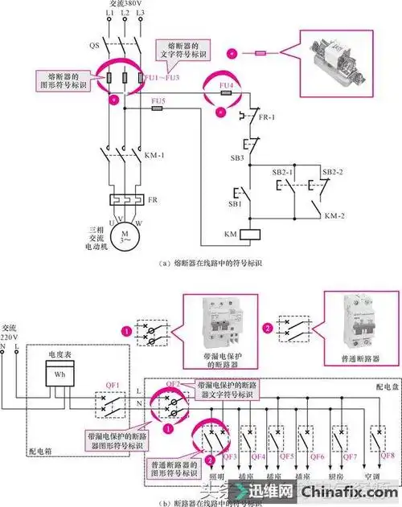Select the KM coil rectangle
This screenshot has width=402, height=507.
click(250, 234)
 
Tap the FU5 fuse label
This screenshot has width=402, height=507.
click(158, 100)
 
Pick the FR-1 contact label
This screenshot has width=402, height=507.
click(268, 117)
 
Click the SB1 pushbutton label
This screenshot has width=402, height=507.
click(236, 204)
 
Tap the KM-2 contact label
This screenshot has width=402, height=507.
click(331, 217)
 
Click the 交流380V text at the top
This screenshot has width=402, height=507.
click(119, 6)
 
